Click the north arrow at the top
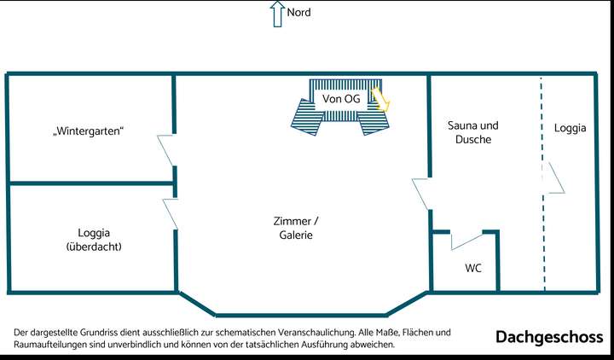click(x=276, y=14)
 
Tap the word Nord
click(x=299, y=13)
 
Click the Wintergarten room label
click(x=89, y=131)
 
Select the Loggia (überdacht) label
click(x=94, y=239)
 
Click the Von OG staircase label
click(x=340, y=99)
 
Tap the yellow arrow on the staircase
click(x=380, y=99)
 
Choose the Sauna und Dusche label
click(x=472, y=132)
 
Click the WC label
click(x=473, y=268)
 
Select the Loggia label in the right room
click(x=570, y=129)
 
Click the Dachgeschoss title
click(x=549, y=338)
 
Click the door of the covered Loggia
click(x=170, y=213)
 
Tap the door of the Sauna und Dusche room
click(x=421, y=194)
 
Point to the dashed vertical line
click(x=542, y=239)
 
